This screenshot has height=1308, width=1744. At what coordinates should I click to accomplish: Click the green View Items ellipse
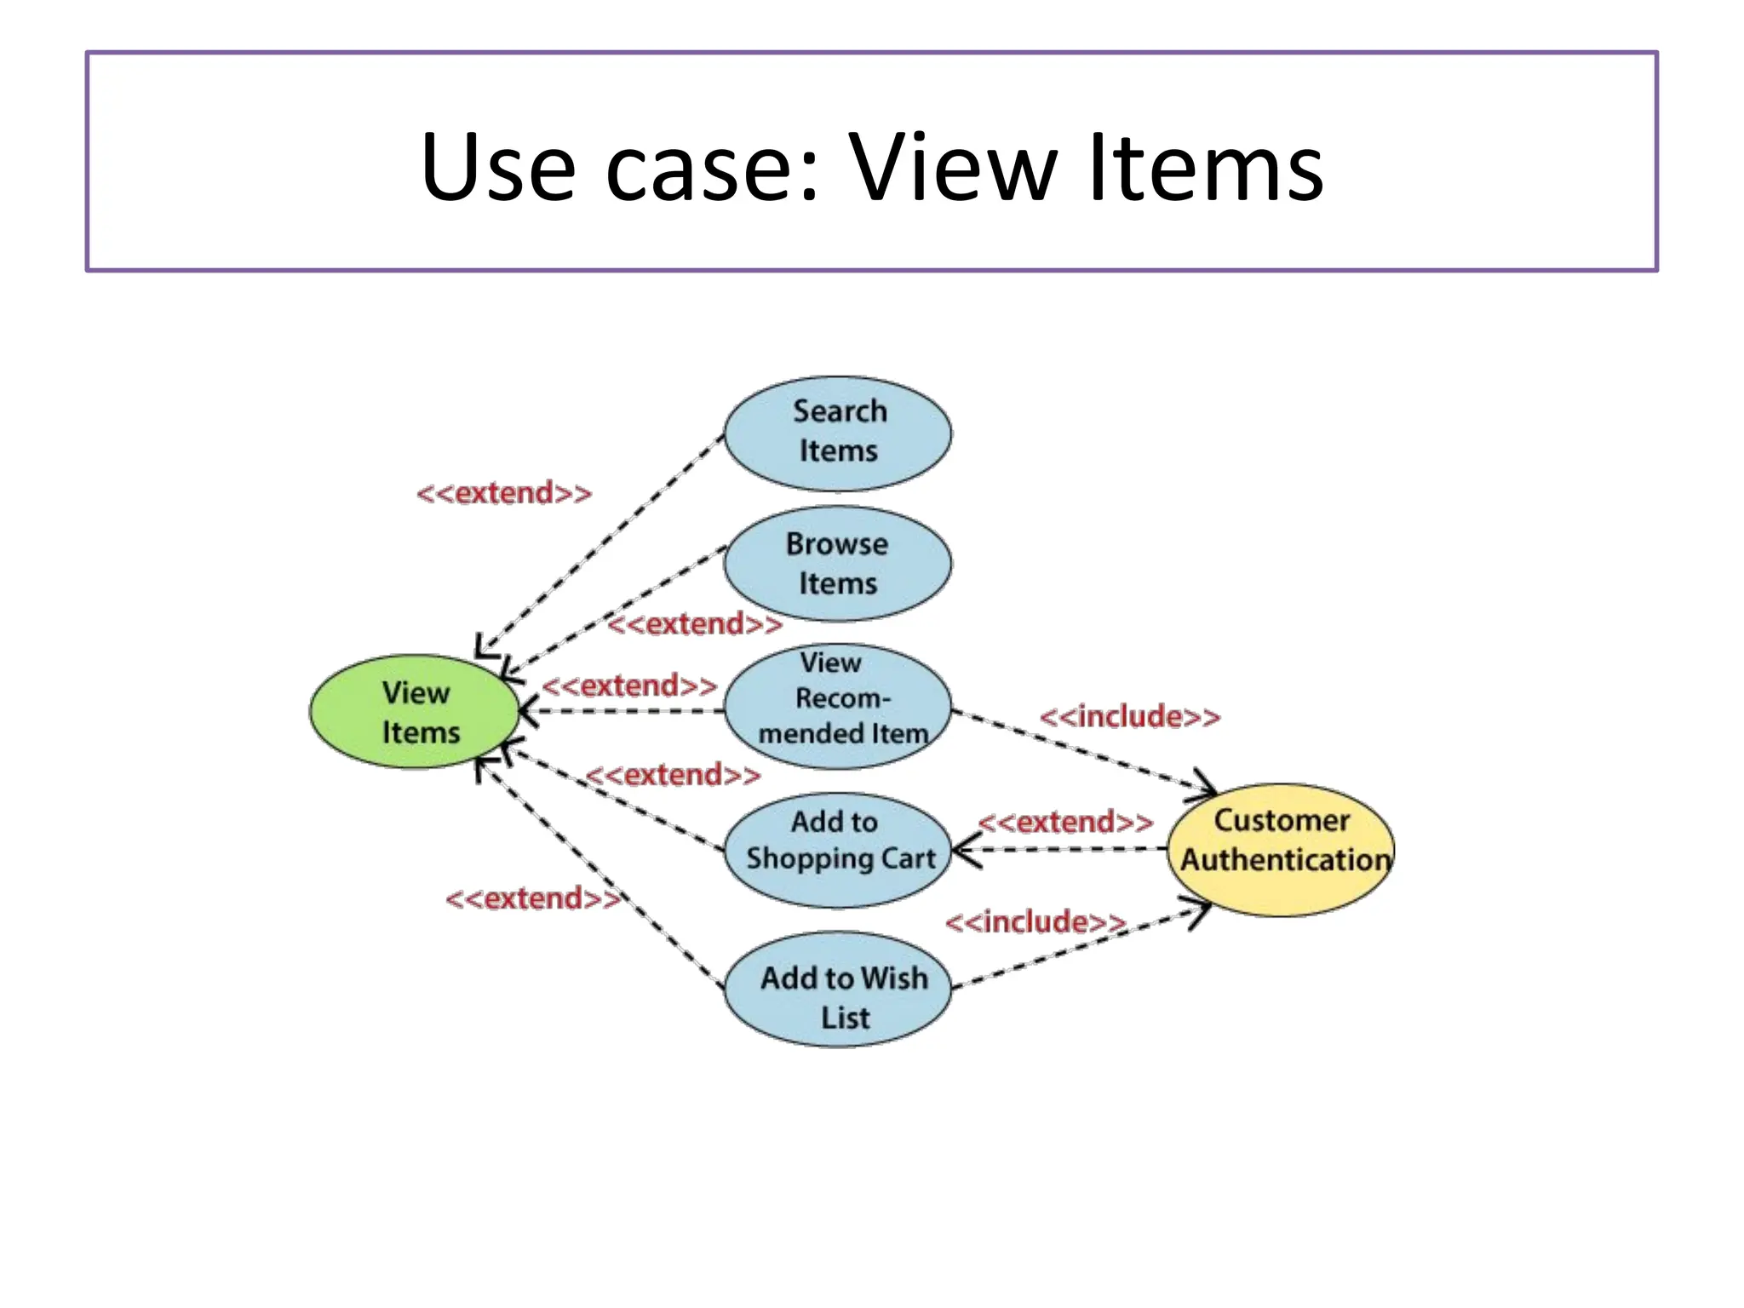point(415,712)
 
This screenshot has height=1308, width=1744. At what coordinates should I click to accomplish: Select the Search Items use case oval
point(838,433)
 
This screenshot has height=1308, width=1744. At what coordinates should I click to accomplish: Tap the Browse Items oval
point(838,565)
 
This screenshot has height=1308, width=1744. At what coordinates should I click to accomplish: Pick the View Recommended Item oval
point(838,705)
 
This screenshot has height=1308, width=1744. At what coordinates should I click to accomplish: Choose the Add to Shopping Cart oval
point(838,849)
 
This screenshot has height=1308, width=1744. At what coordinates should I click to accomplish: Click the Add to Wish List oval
point(838,989)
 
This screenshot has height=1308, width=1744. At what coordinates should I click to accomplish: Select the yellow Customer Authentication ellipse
point(1282,849)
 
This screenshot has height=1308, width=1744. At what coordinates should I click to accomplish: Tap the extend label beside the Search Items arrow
point(504,493)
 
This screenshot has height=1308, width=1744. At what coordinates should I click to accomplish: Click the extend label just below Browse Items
point(695,624)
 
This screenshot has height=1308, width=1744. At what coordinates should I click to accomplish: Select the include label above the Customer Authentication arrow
point(1130,716)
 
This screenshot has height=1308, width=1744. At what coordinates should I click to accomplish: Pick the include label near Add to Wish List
point(1035,921)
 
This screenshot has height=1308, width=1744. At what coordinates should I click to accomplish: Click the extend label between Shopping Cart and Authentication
point(1066,822)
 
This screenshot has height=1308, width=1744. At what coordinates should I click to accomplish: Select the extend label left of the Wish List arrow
point(533,898)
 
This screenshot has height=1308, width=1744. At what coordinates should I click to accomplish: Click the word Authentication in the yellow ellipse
point(1286,859)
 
